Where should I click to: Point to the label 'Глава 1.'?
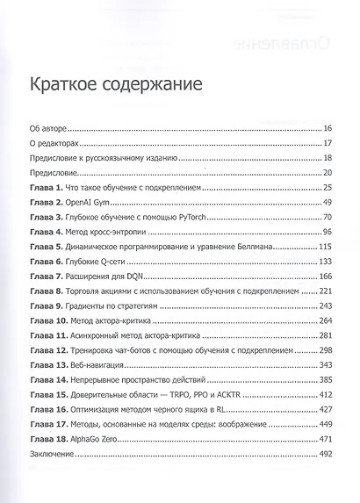(x=47, y=189)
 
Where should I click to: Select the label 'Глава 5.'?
(x=47, y=248)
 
